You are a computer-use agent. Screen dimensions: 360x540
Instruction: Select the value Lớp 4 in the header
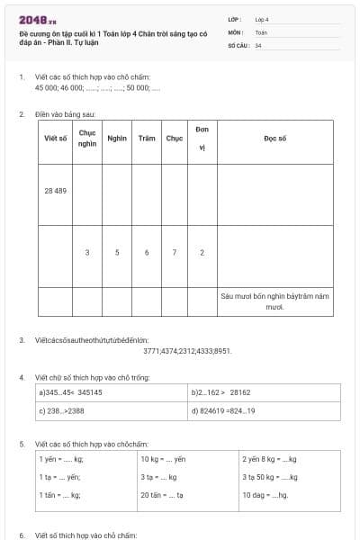pos(262,19)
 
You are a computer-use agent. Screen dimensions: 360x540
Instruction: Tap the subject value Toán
pos(261,31)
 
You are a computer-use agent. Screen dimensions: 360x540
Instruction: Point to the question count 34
pos(258,44)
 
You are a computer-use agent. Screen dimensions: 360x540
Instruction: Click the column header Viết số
pos(56,139)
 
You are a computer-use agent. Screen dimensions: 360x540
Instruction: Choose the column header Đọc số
pos(274,139)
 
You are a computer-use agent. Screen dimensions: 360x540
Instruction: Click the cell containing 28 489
pos(56,191)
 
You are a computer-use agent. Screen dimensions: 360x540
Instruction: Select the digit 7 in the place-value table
pos(174,253)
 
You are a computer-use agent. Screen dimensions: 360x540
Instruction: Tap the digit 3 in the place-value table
pos(87,253)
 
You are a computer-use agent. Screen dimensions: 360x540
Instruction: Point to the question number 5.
pos(22,444)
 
